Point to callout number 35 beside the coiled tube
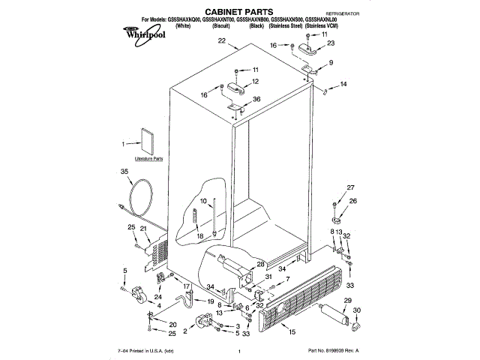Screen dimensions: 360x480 click(124, 172)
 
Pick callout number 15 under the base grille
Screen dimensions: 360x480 click(292, 331)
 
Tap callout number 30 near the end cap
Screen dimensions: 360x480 click(355, 310)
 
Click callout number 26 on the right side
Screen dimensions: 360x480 click(353, 201)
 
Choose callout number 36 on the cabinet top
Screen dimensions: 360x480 click(256, 100)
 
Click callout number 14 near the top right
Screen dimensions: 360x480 click(343, 85)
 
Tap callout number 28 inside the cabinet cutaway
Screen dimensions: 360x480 click(261, 264)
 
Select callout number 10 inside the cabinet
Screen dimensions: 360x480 click(202, 201)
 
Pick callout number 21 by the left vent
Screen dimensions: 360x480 click(143, 227)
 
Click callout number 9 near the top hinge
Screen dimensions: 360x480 click(330, 64)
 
